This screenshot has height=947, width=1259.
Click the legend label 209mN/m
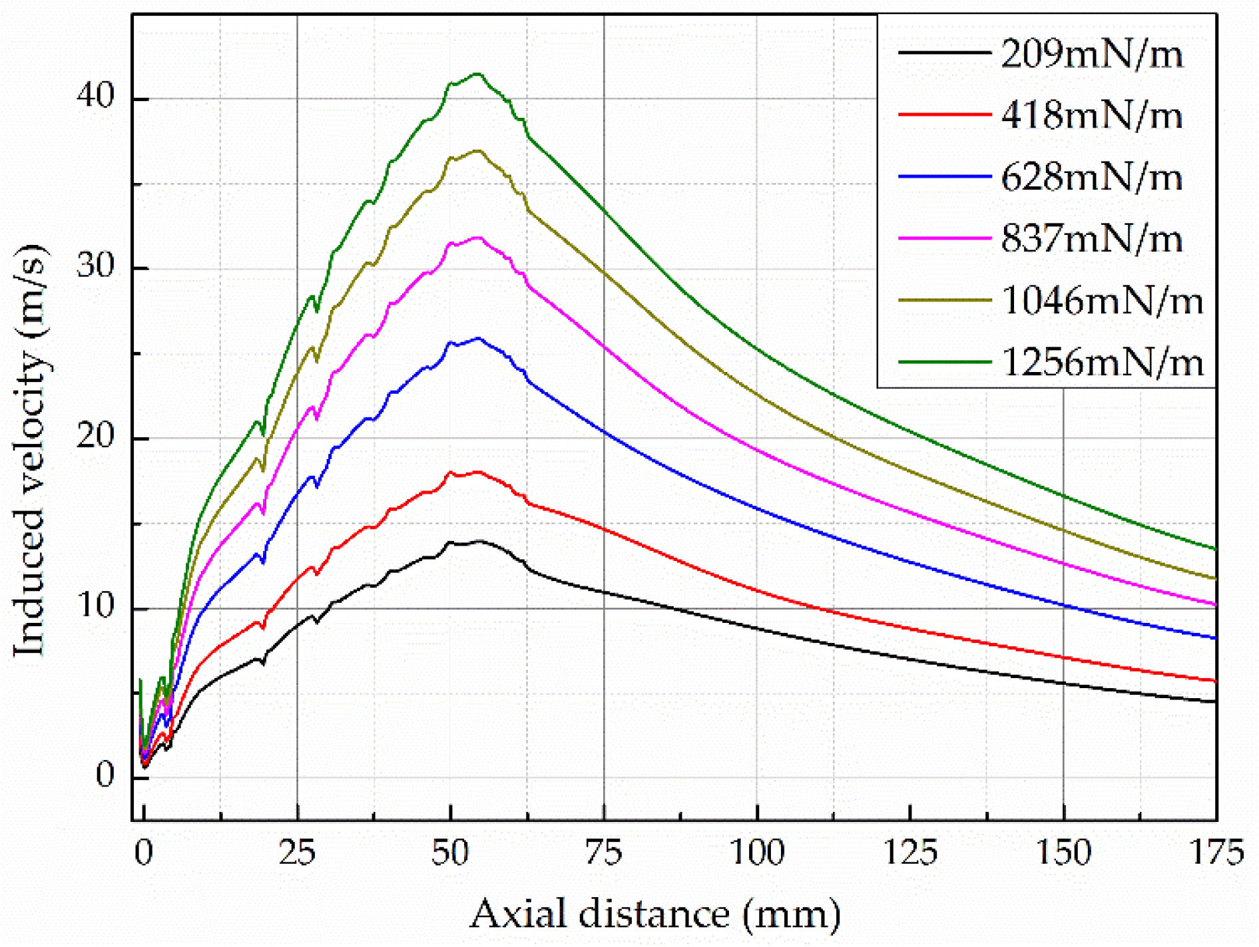pos(1091,53)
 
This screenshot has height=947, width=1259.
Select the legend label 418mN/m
pos(1091,115)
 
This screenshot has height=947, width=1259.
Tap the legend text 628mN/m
pos(1091,177)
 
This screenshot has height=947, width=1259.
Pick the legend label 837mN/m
pos(1091,239)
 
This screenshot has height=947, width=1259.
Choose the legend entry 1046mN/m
pos(1102,301)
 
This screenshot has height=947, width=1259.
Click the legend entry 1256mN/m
pos(1102,363)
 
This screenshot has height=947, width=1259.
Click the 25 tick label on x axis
pos(297,852)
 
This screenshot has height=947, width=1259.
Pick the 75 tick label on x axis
pos(603,852)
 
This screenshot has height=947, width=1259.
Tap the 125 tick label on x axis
pos(909,852)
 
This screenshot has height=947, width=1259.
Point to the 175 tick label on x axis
pos(1216,852)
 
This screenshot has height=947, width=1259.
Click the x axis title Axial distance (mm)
pos(655,914)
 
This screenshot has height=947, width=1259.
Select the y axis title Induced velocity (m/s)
pos(30,451)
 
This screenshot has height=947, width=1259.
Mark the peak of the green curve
pos(477,74)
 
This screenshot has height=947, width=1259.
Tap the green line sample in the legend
pos(944,362)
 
